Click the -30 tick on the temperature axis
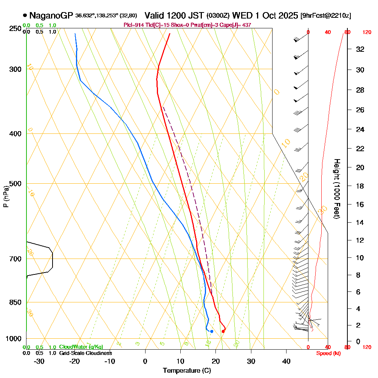pyautogui.click(x=39, y=361)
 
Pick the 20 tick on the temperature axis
pyautogui.click(x=216, y=361)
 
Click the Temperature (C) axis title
pyautogui.click(x=187, y=370)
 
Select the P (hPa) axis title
pyautogui.click(x=6, y=196)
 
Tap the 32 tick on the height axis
pyautogui.click(x=360, y=49)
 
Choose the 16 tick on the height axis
pyautogui.click(x=360, y=204)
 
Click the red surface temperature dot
pyautogui.click(x=223, y=332)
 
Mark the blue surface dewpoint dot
pyautogui.click(x=212, y=332)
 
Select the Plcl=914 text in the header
pyautogui.click(x=134, y=25)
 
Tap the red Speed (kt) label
pyautogui.click(x=327, y=353)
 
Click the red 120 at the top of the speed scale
pyautogui.click(x=367, y=33)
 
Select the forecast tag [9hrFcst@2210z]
pyautogui.click(x=325, y=16)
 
